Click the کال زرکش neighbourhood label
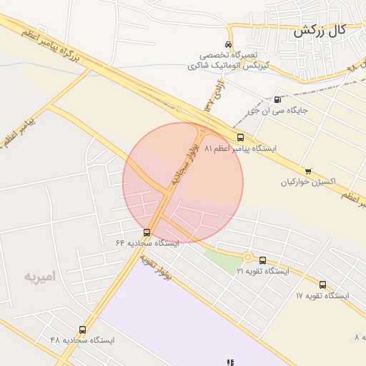[319, 30]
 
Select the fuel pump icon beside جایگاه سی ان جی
[277, 100]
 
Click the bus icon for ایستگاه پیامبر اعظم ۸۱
[240, 137]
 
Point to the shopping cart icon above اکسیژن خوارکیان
[308, 171]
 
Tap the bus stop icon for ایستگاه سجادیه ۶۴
[147, 232]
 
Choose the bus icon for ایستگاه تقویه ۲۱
[263, 261]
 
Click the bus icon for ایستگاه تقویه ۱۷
[322, 285]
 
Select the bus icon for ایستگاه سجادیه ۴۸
[83, 330]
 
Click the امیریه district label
[39, 275]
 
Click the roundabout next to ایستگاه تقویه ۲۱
[248, 257]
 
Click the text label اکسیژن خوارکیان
[308, 182]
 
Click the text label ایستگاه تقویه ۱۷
[322, 296]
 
